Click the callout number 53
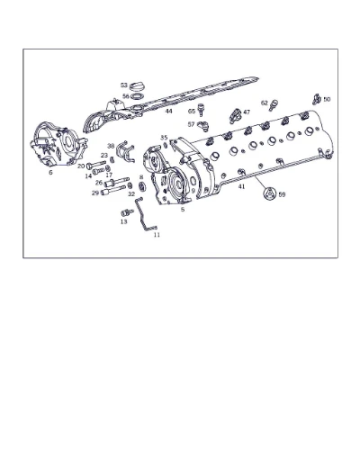[x=124, y=85]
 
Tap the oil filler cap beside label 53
[x=137, y=85]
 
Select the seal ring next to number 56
[x=137, y=96]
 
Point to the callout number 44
[x=169, y=111]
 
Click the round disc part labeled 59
[x=269, y=193]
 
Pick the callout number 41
[x=241, y=186]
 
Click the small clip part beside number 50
[x=317, y=99]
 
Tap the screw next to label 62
[x=274, y=105]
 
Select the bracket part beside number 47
[x=235, y=116]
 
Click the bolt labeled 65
[x=202, y=110]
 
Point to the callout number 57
[x=191, y=124]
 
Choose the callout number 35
[x=164, y=138]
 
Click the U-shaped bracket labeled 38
[x=125, y=151]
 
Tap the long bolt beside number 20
[x=96, y=165]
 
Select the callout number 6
[x=50, y=173]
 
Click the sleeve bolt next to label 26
[x=117, y=182]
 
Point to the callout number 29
[x=95, y=193]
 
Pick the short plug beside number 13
[x=127, y=212]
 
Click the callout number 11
[x=157, y=235]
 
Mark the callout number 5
[x=183, y=210]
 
